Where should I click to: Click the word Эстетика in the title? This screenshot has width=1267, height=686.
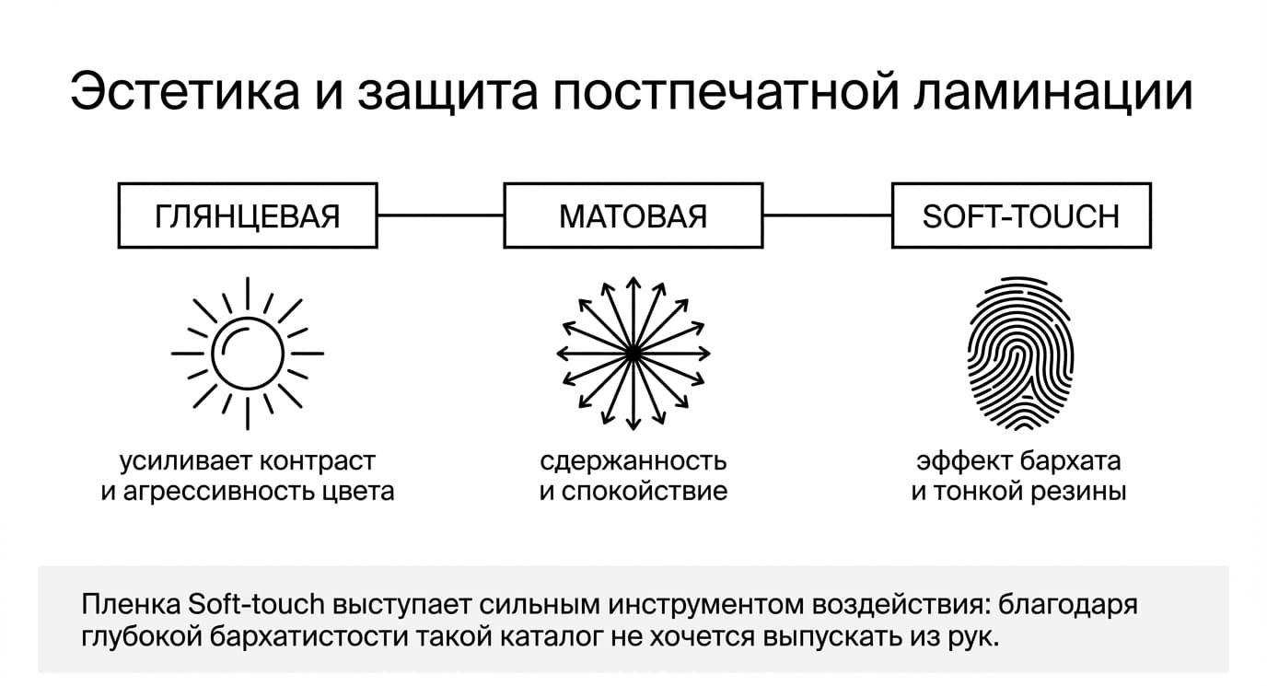185,90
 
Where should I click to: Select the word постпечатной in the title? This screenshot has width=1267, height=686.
726,90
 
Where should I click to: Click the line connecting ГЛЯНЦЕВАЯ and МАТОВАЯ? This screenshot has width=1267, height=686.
441,215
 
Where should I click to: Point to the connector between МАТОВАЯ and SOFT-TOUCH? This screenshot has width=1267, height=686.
828,215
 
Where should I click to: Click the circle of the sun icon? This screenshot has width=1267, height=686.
248,318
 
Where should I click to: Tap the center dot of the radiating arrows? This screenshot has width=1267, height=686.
633,354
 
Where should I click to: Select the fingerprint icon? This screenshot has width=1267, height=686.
1020,354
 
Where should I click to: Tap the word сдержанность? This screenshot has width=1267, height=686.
633,461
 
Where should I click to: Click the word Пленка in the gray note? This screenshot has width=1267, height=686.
131,604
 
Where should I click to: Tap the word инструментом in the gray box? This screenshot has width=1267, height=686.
706,605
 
